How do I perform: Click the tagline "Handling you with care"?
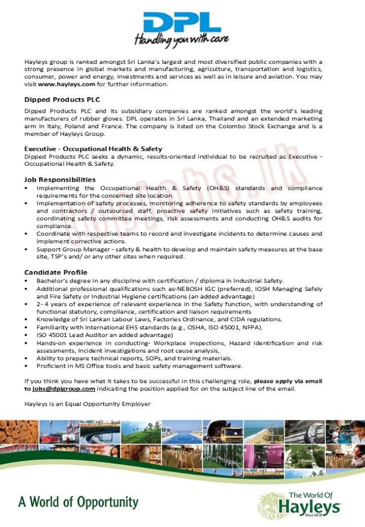coord(182,40)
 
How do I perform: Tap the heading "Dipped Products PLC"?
coord(62,99)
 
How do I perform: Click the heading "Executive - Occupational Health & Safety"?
coord(93,149)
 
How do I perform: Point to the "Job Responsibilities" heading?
coord(60,180)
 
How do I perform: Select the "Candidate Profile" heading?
coord(56,272)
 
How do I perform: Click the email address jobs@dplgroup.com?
coord(63,389)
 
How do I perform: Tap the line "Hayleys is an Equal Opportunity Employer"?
coord(88,404)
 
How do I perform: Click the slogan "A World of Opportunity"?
coord(78,502)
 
